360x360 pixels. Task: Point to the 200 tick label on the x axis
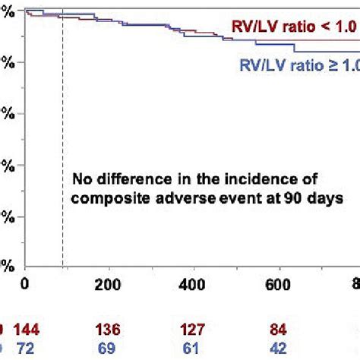(110, 284)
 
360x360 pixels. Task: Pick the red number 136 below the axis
(110, 330)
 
